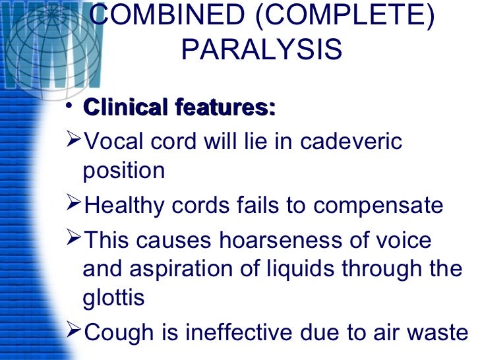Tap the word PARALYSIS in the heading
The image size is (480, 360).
pos(261,50)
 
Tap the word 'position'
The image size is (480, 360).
pos(123,171)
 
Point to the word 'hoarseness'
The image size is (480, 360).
pos(310,239)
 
